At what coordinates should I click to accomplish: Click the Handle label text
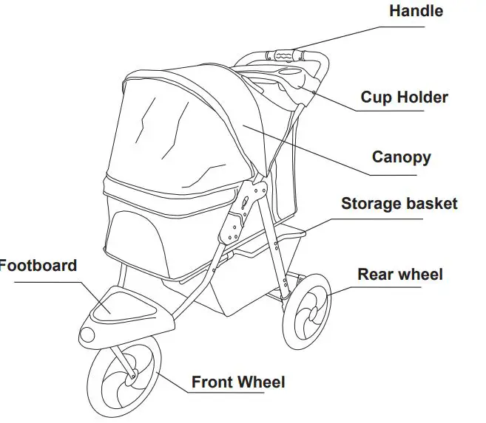[x=416, y=11]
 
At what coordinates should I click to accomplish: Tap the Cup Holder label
[x=404, y=97]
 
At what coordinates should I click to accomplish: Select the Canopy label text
[x=401, y=157]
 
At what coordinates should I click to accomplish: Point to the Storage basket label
[x=399, y=204]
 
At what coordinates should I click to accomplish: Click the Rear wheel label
[x=400, y=275]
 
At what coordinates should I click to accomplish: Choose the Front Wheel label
[x=238, y=382]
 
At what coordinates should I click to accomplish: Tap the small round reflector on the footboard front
[x=88, y=333]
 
